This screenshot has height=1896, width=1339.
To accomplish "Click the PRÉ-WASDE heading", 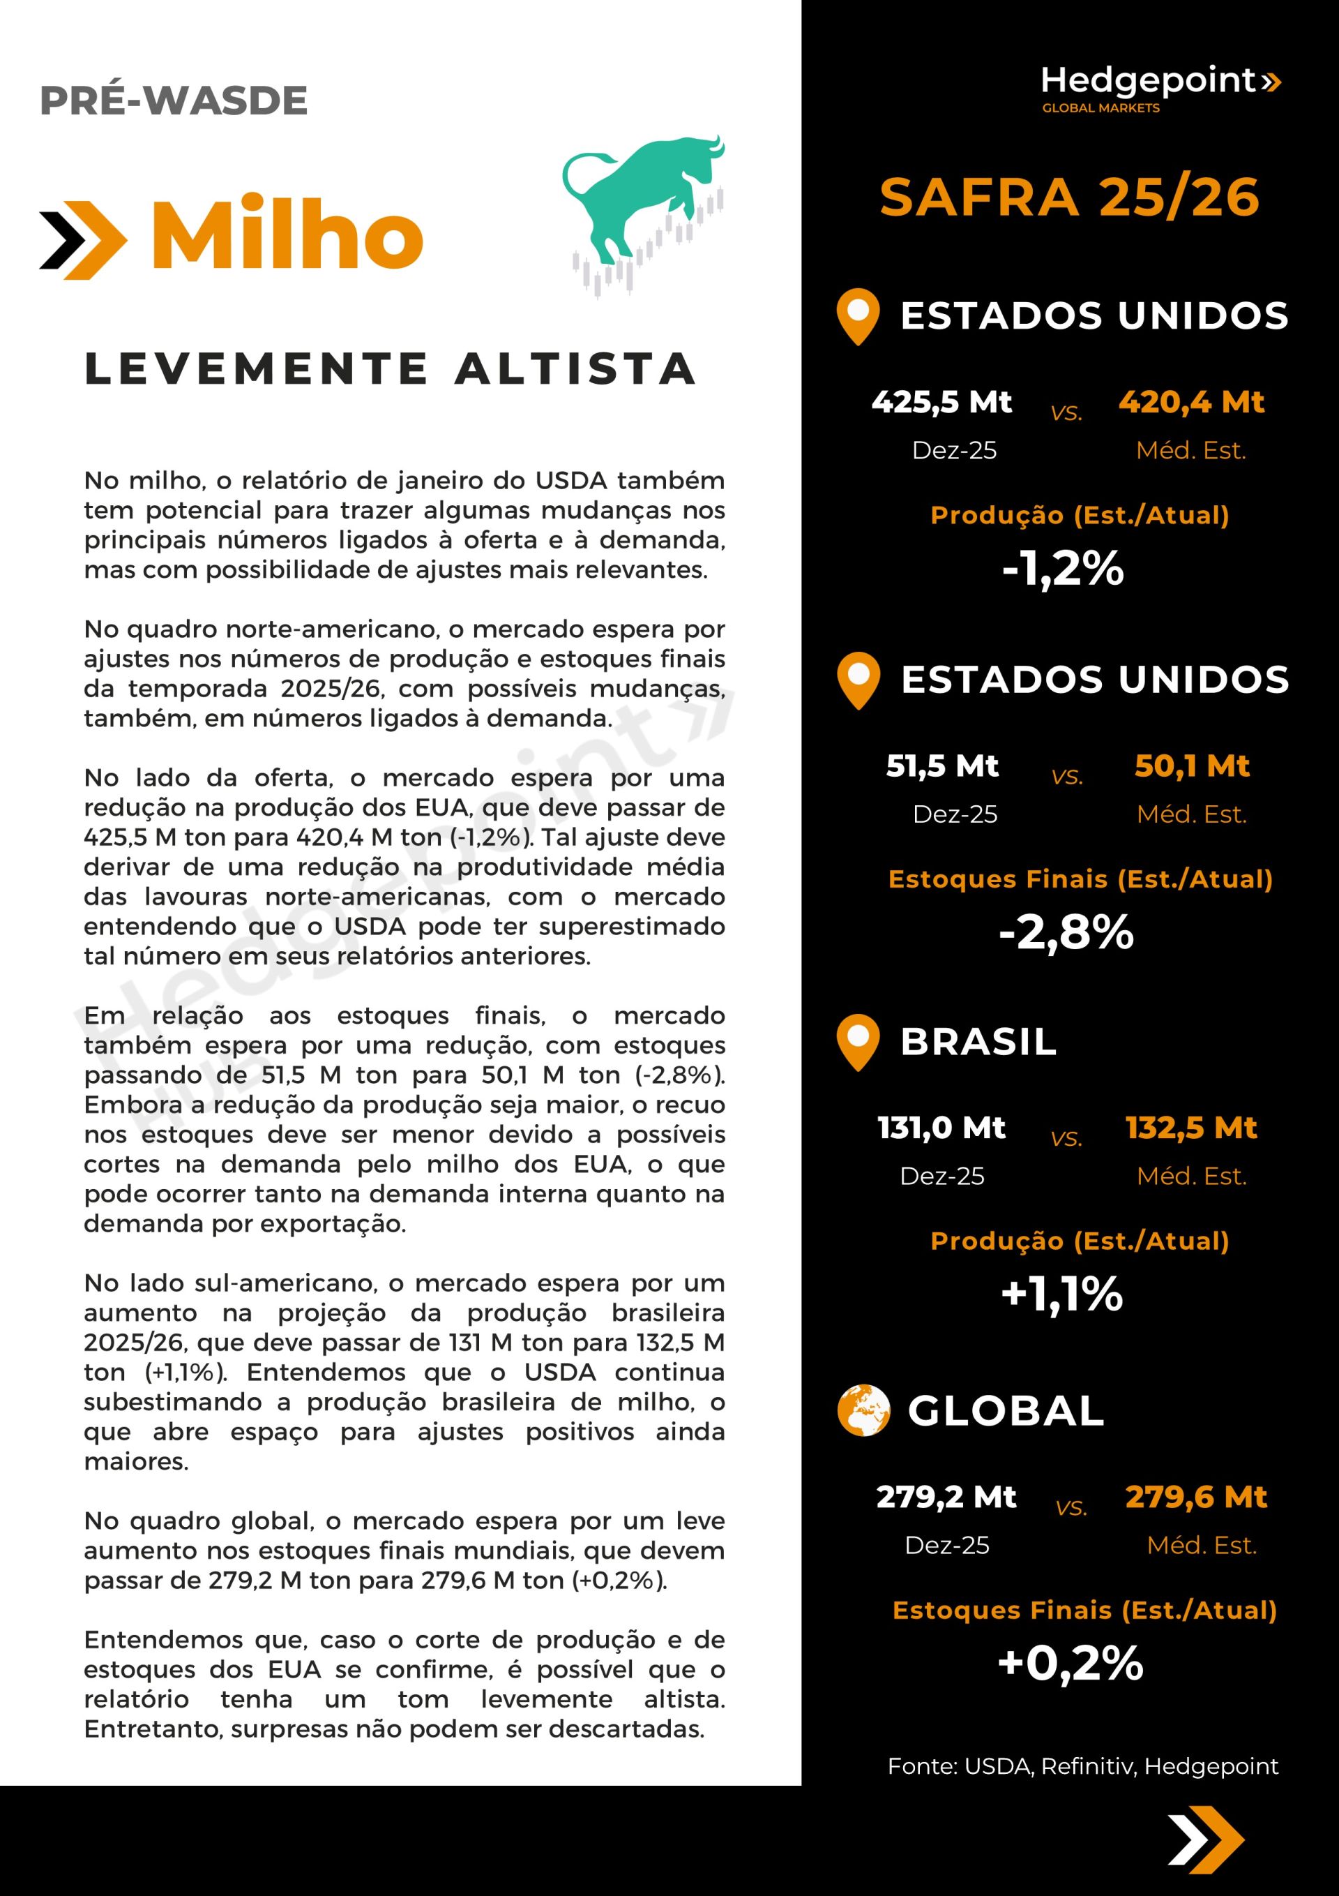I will [x=174, y=100].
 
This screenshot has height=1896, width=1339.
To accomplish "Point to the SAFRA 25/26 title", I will [x=1069, y=197].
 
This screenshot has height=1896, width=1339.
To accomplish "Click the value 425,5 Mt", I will [x=941, y=402].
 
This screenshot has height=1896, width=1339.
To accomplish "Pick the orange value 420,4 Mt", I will [x=1191, y=402].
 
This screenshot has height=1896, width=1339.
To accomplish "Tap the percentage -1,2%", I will [x=1064, y=568].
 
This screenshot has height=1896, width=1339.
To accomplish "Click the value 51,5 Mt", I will [x=942, y=766].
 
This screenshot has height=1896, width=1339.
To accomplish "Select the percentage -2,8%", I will [x=1066, y=932].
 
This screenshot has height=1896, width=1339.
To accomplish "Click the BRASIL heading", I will [x=978, y=1041].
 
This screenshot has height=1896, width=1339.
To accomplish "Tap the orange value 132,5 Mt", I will [x=1191, y=1127].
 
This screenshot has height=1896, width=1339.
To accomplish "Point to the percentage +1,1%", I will [x=1062, y=1293].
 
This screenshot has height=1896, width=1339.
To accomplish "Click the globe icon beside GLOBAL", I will [x=863, y=1410].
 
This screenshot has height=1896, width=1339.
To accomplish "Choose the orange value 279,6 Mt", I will [x=1196, y=1496].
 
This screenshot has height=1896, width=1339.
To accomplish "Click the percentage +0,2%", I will [x=1071, y=1662].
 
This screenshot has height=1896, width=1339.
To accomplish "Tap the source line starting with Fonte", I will [x=1082, y=1766].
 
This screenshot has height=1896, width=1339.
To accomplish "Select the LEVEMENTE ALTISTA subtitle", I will [x=390, y=368].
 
